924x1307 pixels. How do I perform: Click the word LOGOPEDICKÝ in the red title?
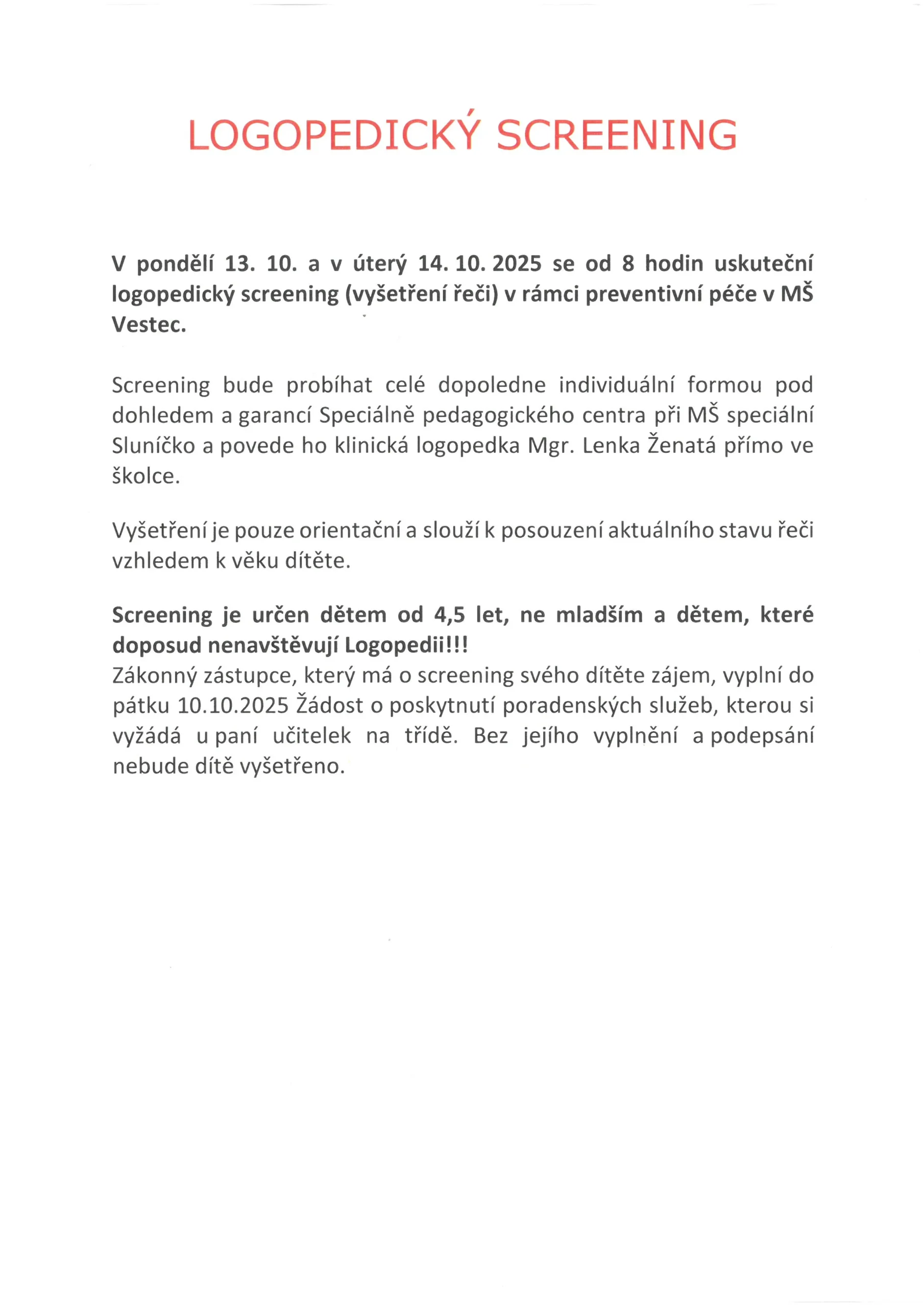[334, 135]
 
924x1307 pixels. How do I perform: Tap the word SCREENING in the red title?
[617, 135]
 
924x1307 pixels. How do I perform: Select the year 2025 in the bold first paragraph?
[517, 263]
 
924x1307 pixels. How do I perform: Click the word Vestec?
[149, 325]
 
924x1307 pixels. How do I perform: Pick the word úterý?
[380, 264]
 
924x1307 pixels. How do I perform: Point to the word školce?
[145, 476]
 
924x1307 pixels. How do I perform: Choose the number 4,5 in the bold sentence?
[449, 615]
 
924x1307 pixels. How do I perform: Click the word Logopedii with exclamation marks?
[406, 645]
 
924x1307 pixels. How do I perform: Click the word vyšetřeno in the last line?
[292, 766]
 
